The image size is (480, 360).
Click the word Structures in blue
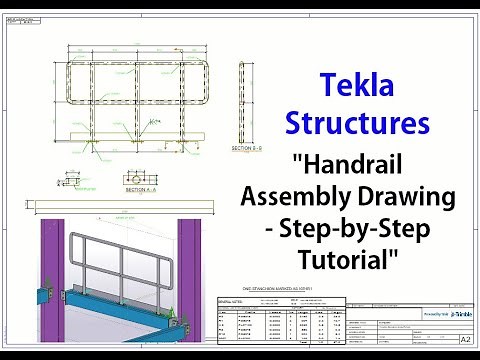357,124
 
